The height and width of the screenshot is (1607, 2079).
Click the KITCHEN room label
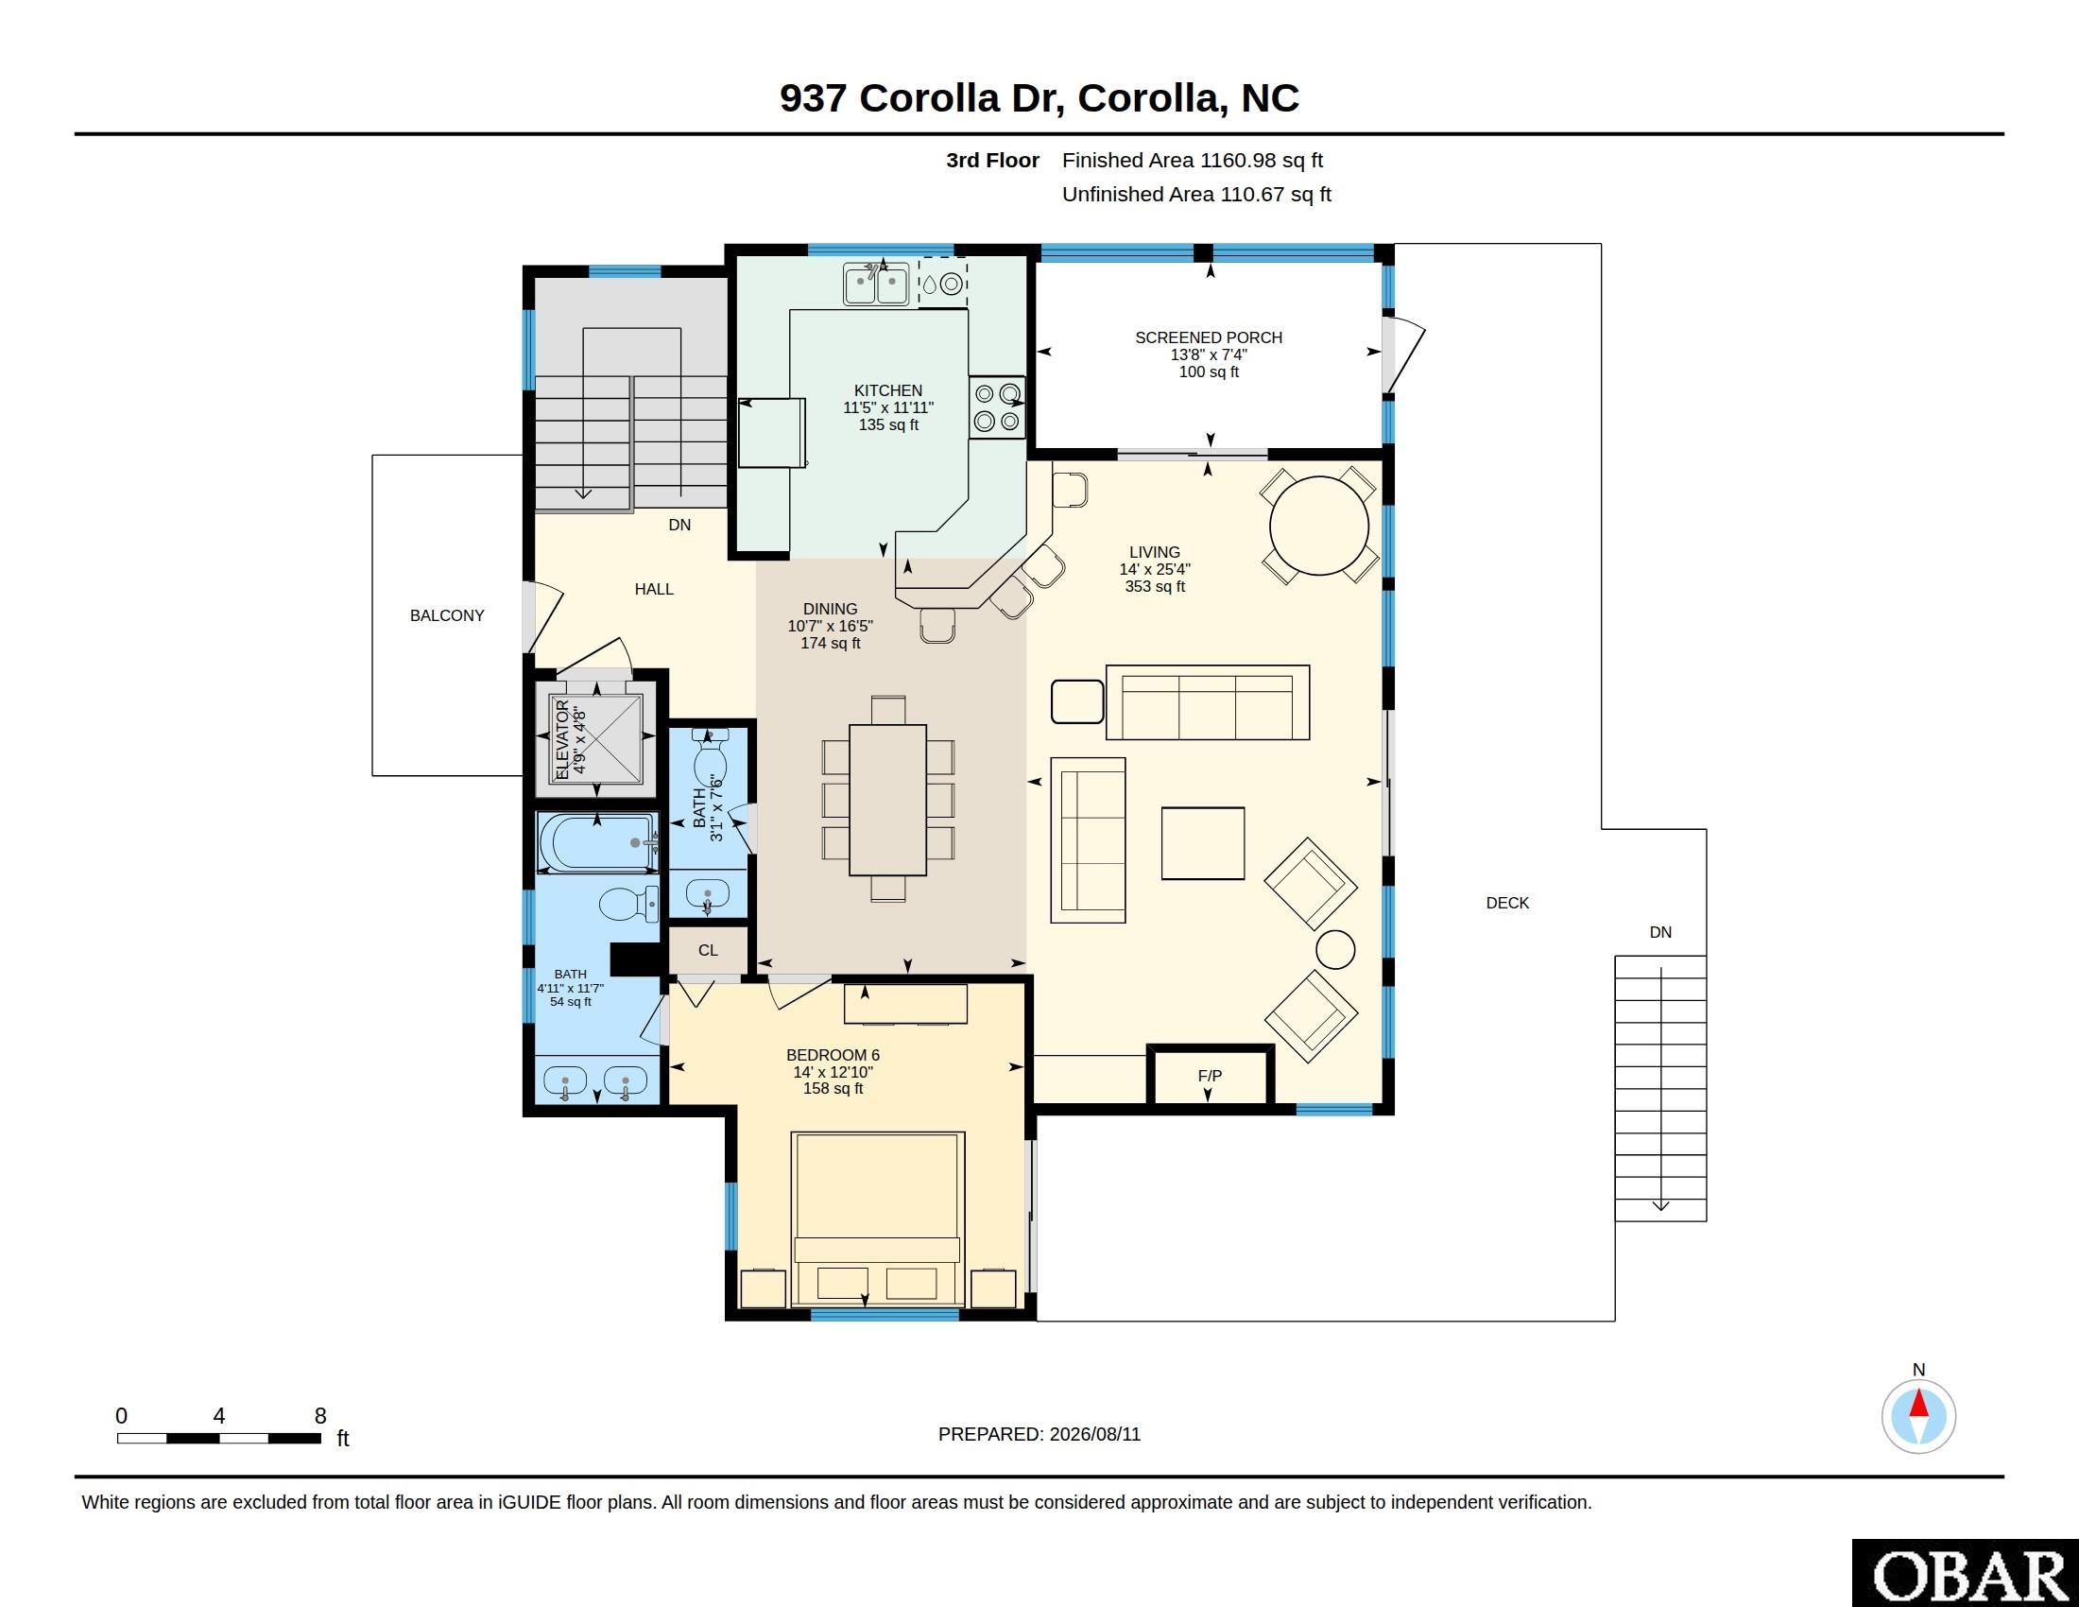tap(888, 390)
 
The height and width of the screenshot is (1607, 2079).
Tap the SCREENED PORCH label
tap(1208, 337)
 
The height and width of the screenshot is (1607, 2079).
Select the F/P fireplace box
tap(1209, 1077)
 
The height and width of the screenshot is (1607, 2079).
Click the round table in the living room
tap(1318, 526)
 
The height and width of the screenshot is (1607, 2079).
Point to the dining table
tap(887, 800)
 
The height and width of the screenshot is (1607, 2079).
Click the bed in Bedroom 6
tap(878, 1218)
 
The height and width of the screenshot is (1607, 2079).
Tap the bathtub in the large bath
tap(597, 841)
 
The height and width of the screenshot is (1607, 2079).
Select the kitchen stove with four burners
tap(997, 407)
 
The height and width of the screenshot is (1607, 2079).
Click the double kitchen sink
tap(876, 284)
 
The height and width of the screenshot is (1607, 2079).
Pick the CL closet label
tap(707, 950)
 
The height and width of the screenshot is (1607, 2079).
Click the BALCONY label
tap(446, 616)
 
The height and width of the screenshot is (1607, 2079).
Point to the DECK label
tap(1507, 903)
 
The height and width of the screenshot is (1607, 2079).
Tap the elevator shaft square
tap(596, 740)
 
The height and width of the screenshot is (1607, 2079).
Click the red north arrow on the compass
tap(1918, 1404)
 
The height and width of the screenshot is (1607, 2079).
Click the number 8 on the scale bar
tap(320, 1416)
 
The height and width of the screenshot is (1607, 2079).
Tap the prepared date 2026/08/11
tap(1094, 1434)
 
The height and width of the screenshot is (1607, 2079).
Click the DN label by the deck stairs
tap(1660, 932)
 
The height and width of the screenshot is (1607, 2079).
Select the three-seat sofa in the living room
tap(1207, 702)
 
